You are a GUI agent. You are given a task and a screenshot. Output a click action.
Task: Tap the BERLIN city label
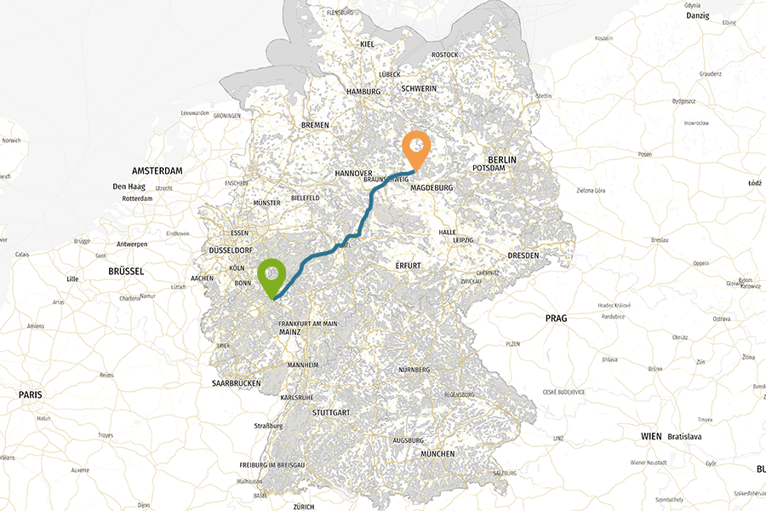click(501, 159)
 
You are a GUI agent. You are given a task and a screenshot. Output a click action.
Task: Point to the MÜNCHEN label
click(437, 454)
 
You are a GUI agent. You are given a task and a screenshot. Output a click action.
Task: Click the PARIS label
click(31, 394)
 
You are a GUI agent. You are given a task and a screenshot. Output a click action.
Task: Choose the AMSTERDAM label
click(157, 170)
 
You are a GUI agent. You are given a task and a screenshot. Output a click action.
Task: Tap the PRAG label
click(556, 318)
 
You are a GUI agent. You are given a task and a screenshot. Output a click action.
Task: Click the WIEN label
click(651, 436)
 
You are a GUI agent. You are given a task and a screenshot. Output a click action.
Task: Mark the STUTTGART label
click(332, 412)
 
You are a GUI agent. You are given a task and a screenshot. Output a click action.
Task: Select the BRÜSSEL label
click(127, 271)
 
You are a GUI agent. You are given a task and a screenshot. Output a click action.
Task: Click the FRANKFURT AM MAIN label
click(308, 324)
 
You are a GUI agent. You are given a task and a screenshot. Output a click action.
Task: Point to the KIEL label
click(367, 43)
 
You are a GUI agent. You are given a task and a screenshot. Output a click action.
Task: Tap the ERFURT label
click(409, 266)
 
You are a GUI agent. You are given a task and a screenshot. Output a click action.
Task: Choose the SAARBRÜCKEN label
click(236, 383)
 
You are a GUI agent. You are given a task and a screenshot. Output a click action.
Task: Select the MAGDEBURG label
click(431, 188)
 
